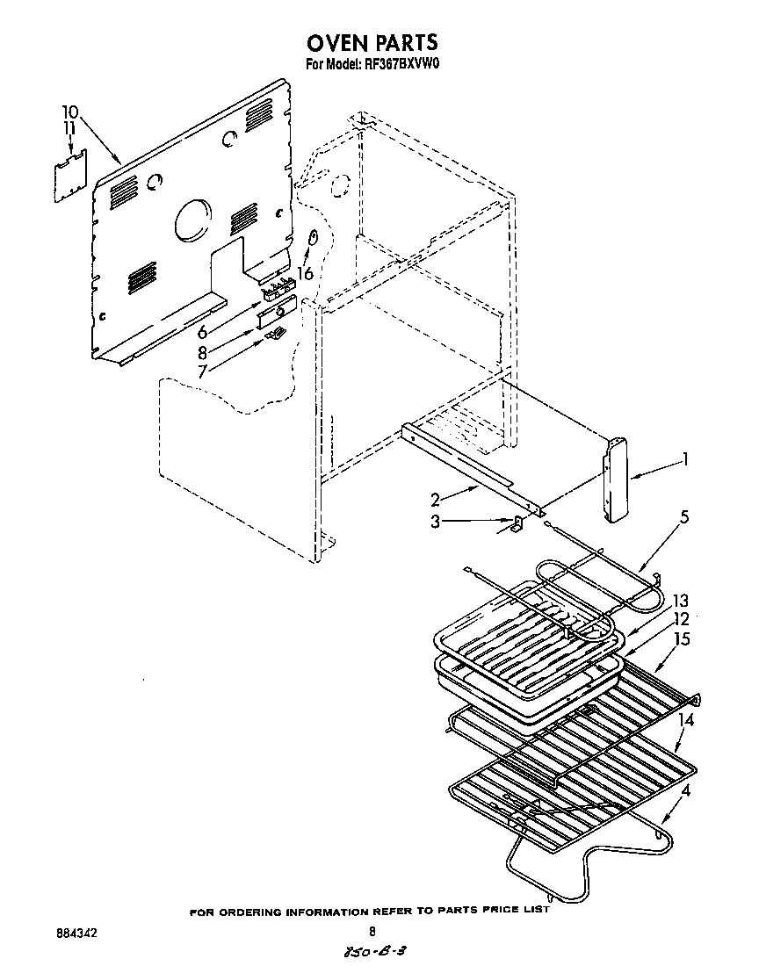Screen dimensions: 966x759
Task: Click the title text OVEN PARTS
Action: point(372,43)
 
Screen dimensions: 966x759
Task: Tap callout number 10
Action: point(70,112)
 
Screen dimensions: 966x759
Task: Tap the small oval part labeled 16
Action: point(312,239)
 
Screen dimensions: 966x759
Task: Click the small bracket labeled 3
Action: point(517,525)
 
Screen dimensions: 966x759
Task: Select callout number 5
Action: point(684,516)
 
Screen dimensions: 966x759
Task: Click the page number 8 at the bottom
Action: point(372,932)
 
